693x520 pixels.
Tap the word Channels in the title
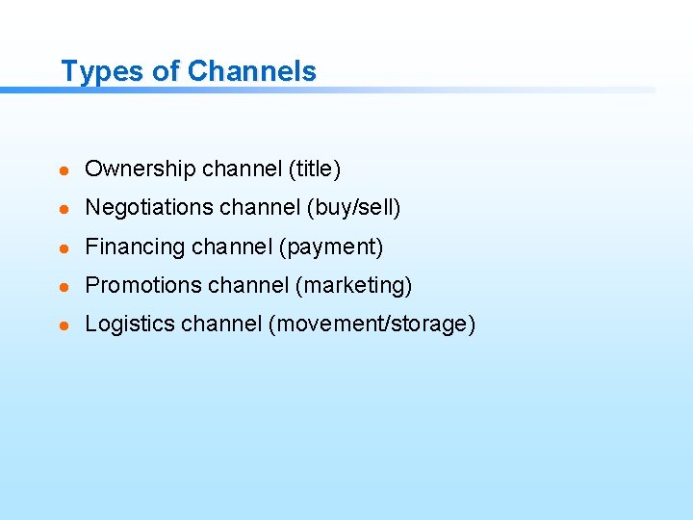[x=252, y=71]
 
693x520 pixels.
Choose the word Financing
[x=136, y=247]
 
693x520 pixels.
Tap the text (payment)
[x=331, y=247]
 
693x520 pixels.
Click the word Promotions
[x=142, y=286]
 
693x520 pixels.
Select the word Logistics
[x=127, y=325]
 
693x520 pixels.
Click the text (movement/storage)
[x=372, y=325]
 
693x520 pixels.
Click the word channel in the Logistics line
[x=218, y=325]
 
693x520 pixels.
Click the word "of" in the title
[x=167, y=71]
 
